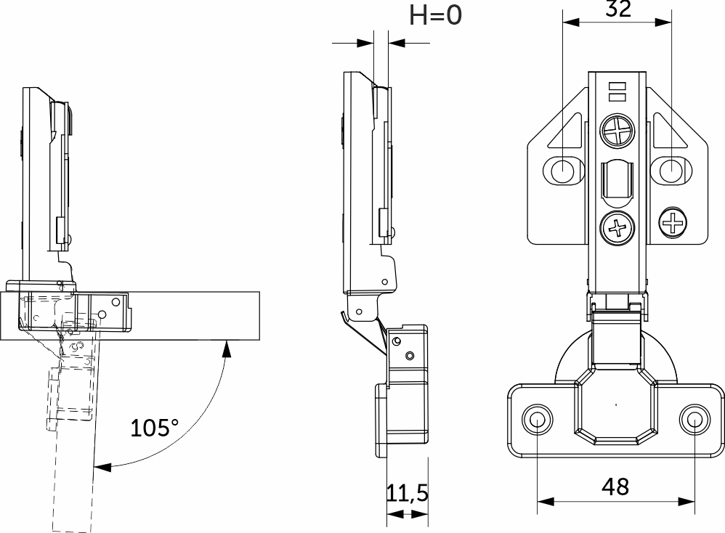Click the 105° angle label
(154, 428)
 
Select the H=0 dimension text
(435, 15)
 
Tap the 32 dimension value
(618, 8)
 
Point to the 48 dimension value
(615, 487)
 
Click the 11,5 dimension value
(408, 493)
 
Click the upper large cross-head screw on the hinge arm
(617, 131)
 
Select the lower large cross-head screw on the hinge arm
(617, 228)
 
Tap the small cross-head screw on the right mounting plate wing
(673, 223)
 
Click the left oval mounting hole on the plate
(563, 171)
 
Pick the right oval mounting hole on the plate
(671, 171)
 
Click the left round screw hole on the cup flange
(537, 420)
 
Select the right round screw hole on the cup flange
(694, 420)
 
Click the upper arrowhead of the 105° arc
(226, 348)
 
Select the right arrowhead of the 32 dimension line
(663, 23)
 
